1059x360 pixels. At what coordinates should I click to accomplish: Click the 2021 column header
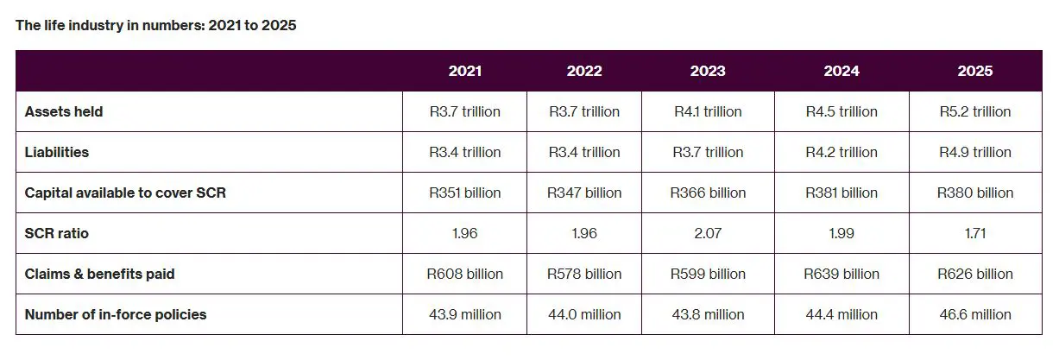coord(464,71)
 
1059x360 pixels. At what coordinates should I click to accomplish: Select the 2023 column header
coord(708,71)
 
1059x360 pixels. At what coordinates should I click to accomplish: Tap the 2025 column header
coord(975,71)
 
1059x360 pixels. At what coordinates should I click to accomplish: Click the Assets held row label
coord(64,111)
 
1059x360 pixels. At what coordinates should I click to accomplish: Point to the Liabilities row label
coord(57,152)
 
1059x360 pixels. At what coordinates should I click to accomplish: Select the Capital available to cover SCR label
coord(125,193)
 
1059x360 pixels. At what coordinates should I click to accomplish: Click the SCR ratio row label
coord(57,233)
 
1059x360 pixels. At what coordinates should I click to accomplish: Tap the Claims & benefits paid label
coord(99,274)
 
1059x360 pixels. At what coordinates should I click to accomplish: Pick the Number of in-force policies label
coord(116,314)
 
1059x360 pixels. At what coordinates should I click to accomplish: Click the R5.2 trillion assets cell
coord(975,111)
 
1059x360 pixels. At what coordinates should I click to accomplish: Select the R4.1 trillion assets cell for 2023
coord(708,111)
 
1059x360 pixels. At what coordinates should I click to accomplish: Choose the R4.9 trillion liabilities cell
coord(975,152)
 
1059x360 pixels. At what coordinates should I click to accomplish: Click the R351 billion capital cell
coord(464,193)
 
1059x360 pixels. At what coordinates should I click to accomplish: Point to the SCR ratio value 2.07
coord(708,233)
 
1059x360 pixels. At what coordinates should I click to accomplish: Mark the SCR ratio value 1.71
coord(975,233)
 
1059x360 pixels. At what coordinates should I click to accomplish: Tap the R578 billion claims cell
coord(584,274)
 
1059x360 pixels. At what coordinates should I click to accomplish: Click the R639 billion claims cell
coord(842,274)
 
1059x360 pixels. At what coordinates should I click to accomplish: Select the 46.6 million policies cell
coord(975,314)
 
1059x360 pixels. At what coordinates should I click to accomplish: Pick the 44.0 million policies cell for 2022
coord(584,314)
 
